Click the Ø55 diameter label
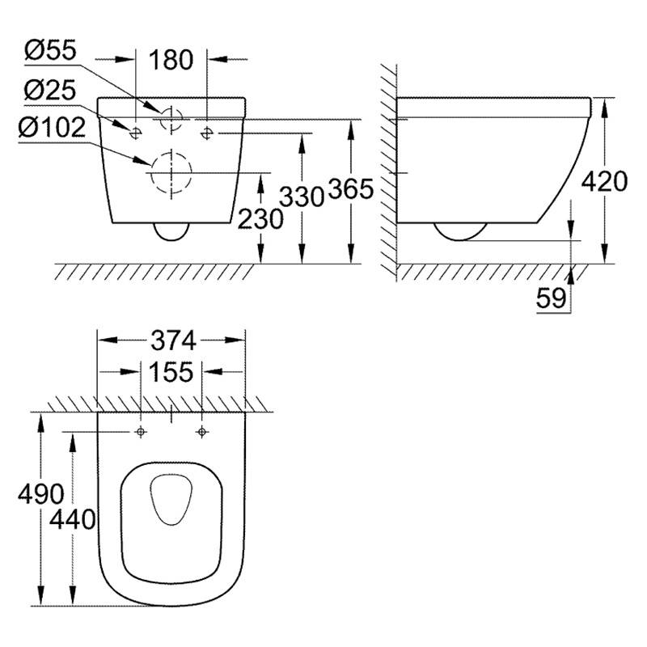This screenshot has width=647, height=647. pyautogui.click(x=50, y=50)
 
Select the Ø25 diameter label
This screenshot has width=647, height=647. pyautogui.click(x=50, y=90)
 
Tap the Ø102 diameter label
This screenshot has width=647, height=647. pyautogui.click(x=52, y=128)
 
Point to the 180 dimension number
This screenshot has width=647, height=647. pyautogui.click(x=171, y=60)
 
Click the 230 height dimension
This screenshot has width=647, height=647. pyautogui.click(x=260, y=218)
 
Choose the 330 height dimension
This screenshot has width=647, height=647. pyautogui.click(x=302, y=196)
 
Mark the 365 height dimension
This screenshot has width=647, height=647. pyautogui.click(x=351, y=189)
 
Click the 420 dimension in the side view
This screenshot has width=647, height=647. pyautogui.click(x=604, y=181)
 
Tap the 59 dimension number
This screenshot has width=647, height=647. pyautogui.click(x=552, y=298)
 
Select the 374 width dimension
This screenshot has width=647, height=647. pyautogui.click(x=173, y=340)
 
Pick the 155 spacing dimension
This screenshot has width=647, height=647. pyautogui.click(x=171, y=372)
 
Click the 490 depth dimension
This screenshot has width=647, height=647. pyautogui.click(x=41, y=493)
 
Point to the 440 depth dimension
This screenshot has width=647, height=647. pyautogui.click(x=73, y=519)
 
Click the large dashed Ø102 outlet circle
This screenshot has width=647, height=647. pyautogui.click(x=171, y=153)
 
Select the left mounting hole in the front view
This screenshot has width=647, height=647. pyautogui.click(x=135, y=133)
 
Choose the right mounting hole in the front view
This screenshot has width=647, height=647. pyautogui.click(x=207, y=133)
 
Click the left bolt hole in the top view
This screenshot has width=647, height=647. pyautogui.click(x=141, y=432)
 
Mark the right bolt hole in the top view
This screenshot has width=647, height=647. pyautogui.click(x=201, y=432)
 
